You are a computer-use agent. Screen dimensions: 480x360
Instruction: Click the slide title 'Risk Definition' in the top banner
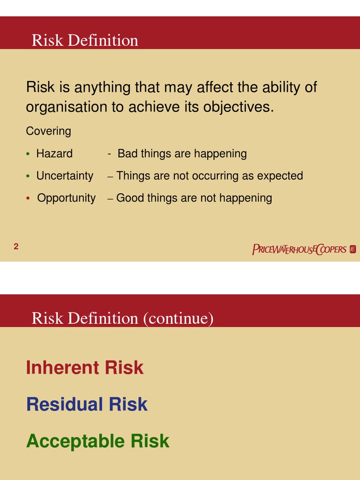(85, 40)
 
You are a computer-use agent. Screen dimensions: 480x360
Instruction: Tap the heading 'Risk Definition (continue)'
(122, 318)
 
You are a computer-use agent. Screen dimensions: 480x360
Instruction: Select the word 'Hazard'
(54, 153)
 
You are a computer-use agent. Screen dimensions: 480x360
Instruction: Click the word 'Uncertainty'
(65, 176)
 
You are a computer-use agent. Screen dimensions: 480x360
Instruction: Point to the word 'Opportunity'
(66, 198)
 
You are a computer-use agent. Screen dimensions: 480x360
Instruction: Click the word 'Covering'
(48, 131)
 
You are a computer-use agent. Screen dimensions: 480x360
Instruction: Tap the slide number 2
(16, 247)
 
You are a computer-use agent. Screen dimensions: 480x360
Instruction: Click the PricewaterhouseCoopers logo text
(299, 249)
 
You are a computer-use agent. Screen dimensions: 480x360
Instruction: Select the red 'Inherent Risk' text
(85, 367)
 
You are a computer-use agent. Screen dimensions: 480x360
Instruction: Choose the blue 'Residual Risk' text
(87, 404)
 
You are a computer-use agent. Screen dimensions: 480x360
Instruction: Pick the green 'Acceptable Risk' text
(97, 441)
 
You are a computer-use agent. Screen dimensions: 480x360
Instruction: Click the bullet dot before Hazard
(28, 154)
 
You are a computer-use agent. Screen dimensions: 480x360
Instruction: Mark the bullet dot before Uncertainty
(28, 176)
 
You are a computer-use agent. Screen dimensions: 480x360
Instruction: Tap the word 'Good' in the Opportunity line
(130, 198)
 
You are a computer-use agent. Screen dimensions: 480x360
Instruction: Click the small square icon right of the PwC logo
(353, 249)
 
